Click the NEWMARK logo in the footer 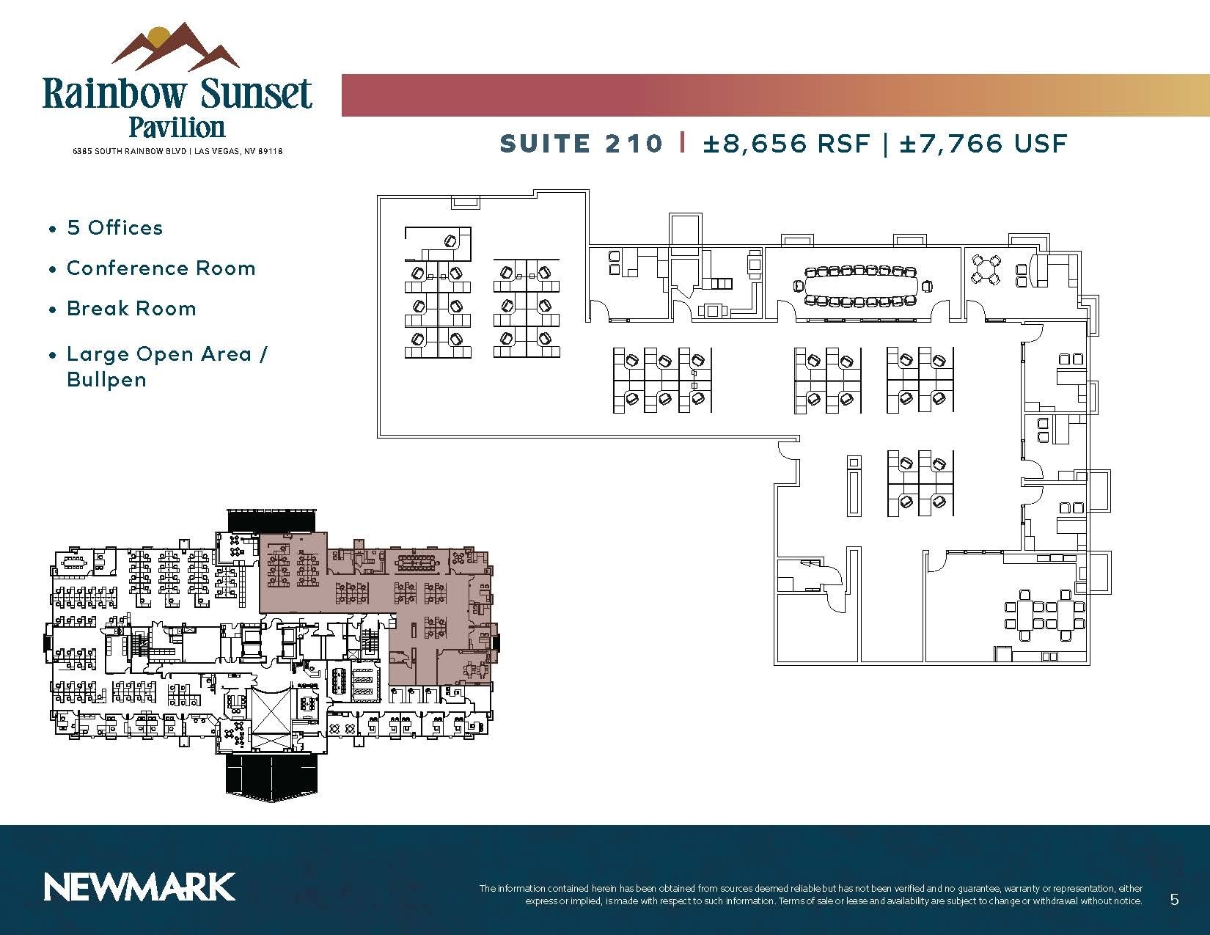pos(139,887)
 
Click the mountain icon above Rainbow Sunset pos(175,48)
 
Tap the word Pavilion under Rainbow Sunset pos(177,127)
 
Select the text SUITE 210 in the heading pos(581,143)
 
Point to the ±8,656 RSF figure pos(786,143)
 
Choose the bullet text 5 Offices pos(114,227)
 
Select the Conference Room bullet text pos(161,268)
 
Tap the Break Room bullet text pos(131,309)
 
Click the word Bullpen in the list pos(106,380)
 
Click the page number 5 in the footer pos(1174,899)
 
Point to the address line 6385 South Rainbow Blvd pos(177,151)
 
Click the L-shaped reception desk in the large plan pos(438,242)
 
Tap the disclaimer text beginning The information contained pos(810,894)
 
